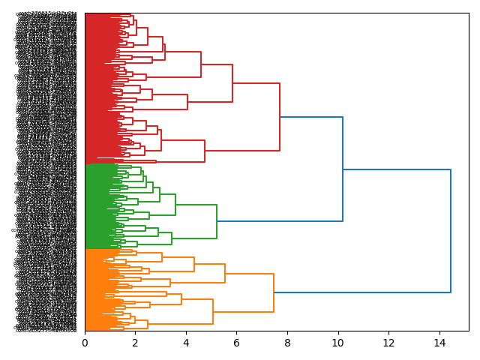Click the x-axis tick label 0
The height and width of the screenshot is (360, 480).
point(85,343)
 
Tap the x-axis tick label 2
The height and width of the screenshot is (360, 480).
point(135,343)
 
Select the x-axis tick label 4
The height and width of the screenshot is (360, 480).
point(186,343)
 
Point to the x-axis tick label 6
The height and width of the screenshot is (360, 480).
point(236,343)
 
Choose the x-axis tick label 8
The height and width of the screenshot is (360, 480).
point(287,343)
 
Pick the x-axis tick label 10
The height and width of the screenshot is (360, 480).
point(337,343)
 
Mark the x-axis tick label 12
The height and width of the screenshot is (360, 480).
point(388,343)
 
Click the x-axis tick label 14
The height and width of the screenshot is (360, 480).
point(439,343)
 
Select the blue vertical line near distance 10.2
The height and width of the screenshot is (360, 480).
point(343,169)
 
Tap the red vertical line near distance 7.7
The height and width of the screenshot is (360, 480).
point(280,117)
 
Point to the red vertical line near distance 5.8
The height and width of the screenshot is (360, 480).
point(232,83)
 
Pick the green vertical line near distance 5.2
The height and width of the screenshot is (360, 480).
point(217,221)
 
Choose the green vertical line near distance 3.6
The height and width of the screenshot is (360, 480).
point(175,205)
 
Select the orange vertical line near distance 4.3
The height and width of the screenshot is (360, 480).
point(194,264)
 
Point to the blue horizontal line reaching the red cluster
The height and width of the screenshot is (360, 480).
point(311,117)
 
